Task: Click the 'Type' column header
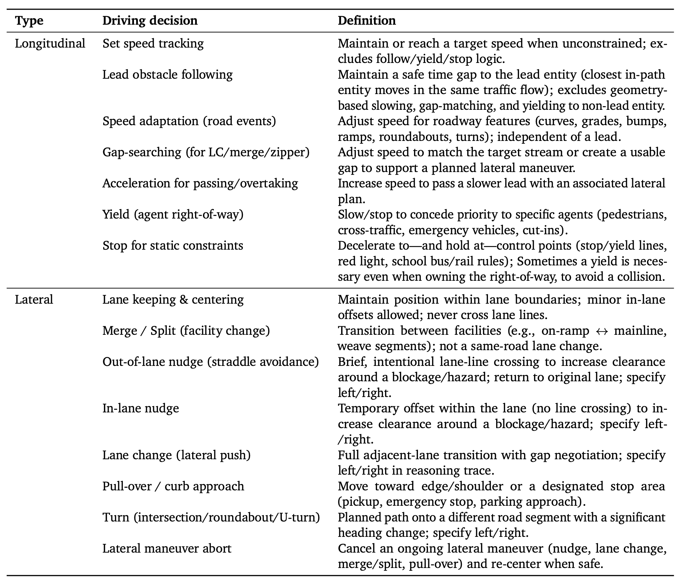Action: [x=29, y=20]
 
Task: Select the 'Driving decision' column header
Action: [x=150, y=20]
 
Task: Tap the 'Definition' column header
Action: [x=367, y=20]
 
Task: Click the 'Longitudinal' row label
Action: [x=50, y=44]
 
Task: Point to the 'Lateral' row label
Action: [x=34, y=299]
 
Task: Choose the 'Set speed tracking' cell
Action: [x=153, y=44]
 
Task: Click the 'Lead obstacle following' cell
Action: [x=168, y=74]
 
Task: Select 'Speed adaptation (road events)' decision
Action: [x=189, y=121]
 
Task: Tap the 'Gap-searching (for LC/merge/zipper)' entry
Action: [x=206, y=152]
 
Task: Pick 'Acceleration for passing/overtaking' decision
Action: [x=200, y=183]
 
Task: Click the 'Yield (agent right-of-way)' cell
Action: [x=173, y=214]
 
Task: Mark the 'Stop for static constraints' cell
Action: [x=173, y=245]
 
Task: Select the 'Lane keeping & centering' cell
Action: [x=173, y=299]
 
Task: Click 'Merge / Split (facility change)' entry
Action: [x=186, y=330]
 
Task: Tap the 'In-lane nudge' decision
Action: [x=140, y=408]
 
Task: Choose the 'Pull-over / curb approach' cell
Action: [x=173, y=486]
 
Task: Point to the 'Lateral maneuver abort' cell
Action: [x=167, y=548]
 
